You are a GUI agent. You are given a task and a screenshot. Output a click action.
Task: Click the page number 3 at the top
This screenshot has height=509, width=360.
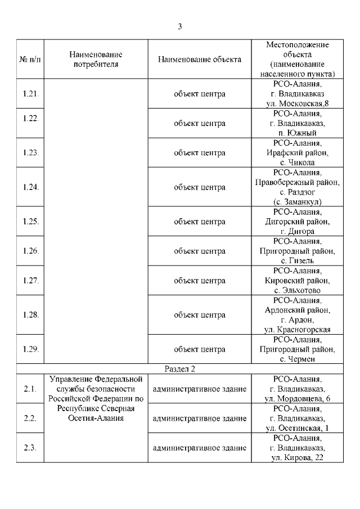(179, 26)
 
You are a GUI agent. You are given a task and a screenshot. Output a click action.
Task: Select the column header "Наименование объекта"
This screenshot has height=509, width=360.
(200, 59)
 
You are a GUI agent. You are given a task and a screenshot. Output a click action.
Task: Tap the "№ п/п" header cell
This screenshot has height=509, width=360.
(30, 59)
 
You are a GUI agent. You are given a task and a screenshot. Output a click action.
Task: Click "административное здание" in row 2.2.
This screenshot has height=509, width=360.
(200, 418)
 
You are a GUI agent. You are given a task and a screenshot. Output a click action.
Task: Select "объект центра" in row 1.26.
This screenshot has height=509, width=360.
(200, 251)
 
